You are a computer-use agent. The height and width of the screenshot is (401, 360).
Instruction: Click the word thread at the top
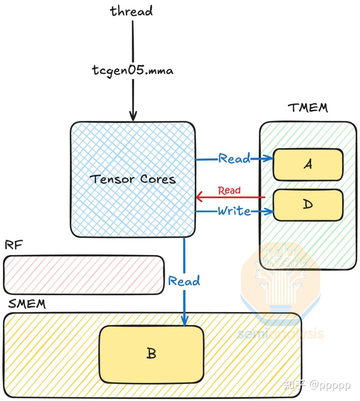[x=131, y=11]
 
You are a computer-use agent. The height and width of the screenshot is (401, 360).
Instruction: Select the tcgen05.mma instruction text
[x=133, y=71]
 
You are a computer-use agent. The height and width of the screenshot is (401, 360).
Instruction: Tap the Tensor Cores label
[x=133, y=179]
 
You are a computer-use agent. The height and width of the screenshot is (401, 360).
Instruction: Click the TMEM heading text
[x=308, y=108]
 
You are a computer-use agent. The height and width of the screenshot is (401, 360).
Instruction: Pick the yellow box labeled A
[x=308, y=165]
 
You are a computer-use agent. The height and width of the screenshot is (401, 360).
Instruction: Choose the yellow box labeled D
[x=308, y=205]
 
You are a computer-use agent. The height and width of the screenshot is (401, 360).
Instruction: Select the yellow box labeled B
[x=151, y=354]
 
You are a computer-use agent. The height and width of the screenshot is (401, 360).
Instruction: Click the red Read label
[x=229, y=191]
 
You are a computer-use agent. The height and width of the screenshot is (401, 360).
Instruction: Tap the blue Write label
[x=234, y=211]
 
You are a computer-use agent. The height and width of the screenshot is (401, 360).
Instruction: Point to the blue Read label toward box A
[x=234, y=159]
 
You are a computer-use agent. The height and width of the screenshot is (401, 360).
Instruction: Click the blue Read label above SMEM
[x=184, y=281]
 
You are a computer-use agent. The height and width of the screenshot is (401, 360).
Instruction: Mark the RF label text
[x=14, y=245]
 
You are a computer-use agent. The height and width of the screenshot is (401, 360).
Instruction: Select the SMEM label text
[x=27, y=304]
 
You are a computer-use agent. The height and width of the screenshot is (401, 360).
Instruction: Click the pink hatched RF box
[x=83, y=275]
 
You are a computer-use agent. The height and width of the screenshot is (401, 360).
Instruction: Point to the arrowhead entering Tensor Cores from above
[x=133, y=118]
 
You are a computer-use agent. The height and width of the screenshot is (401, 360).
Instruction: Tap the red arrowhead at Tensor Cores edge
[x=199, y=197]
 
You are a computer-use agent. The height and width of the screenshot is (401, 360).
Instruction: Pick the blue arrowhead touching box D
[x=269, y=211]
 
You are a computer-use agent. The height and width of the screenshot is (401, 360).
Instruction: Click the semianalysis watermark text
[x=281, y=333]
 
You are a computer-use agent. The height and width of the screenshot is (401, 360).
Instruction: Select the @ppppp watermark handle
[x=330, y=385]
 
